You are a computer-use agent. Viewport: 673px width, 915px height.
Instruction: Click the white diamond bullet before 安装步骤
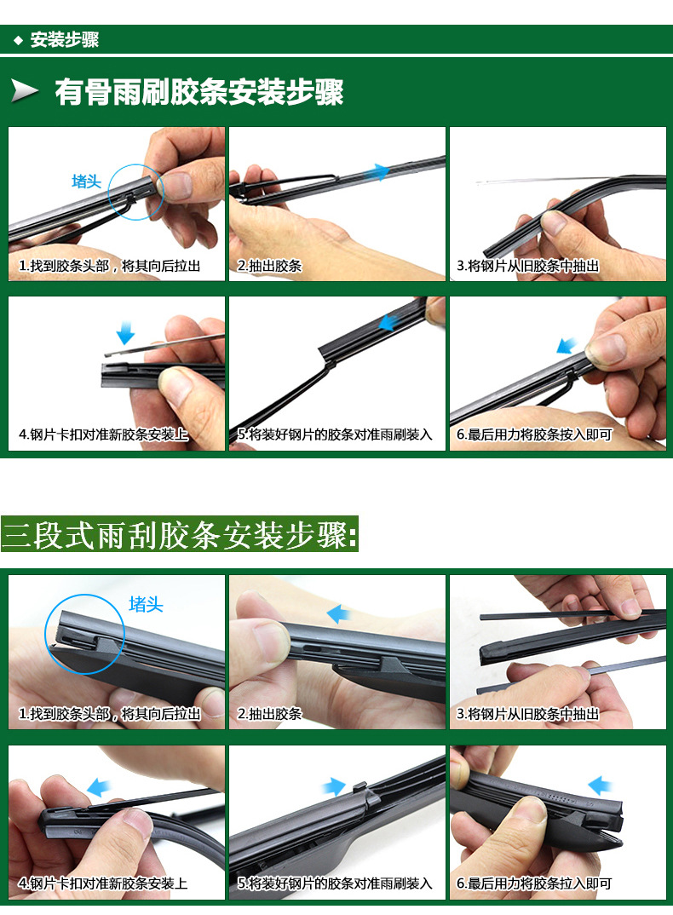click(18, 40)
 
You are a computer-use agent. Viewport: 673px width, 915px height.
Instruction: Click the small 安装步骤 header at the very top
click(64, 40)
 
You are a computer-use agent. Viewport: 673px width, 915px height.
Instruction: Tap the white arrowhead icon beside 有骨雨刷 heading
click(26, 91)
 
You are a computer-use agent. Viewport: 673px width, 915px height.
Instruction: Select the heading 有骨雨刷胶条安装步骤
click(198, 92)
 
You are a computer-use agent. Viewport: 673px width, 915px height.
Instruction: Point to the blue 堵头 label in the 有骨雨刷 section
click(86, 181)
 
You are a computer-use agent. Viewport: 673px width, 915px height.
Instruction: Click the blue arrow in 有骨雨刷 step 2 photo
click(376, 173)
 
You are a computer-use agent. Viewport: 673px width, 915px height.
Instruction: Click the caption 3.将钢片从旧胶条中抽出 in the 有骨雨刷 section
click(527, 266)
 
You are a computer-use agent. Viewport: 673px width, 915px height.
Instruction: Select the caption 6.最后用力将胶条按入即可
click(534, 434)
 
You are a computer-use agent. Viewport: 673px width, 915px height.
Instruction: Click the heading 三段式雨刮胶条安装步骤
click(180, 537)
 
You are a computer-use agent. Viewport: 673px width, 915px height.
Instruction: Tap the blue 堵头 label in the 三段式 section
click(146, 605)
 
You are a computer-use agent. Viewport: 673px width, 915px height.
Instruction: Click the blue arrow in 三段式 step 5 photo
click(333, 786)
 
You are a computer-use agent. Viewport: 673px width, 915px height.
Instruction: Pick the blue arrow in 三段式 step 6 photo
click(601, 784)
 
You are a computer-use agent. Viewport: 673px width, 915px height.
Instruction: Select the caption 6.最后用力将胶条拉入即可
click(534, 883)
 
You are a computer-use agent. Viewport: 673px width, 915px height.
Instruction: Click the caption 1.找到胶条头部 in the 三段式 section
click(109, 714)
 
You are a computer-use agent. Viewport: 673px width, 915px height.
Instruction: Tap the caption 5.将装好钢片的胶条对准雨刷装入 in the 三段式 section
click(335, 883)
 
